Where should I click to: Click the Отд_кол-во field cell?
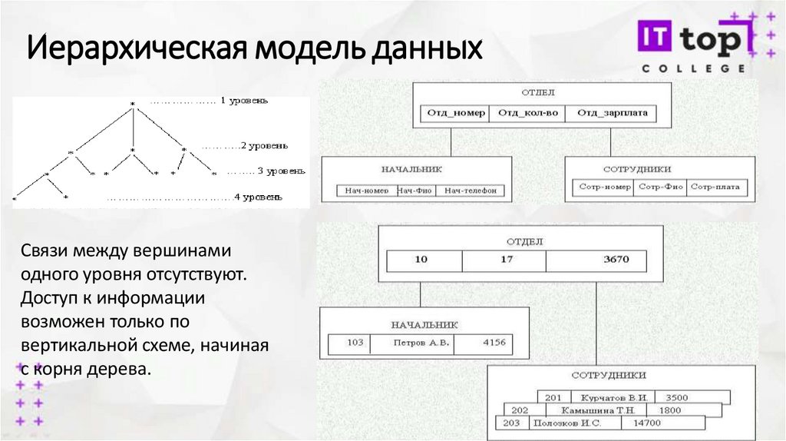[x=527, y=114]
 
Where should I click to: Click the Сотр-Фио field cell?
[x=660, y=187]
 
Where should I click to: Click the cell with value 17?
[x=506, y=260]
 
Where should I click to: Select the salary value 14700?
[x=647, y=423]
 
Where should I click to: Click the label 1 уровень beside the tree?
[x=244, y=101]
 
